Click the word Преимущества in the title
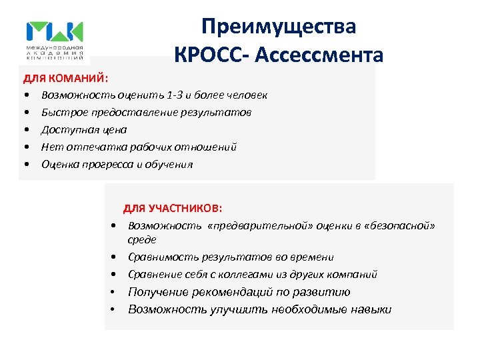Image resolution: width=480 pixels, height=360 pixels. point(279,27)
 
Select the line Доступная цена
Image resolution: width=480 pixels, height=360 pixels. point(83,130)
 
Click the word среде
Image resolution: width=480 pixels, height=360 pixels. point(142,239)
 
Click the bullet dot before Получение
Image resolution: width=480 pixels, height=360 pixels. point(115,292)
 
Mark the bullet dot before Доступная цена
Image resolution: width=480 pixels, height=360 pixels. point(27,130)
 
